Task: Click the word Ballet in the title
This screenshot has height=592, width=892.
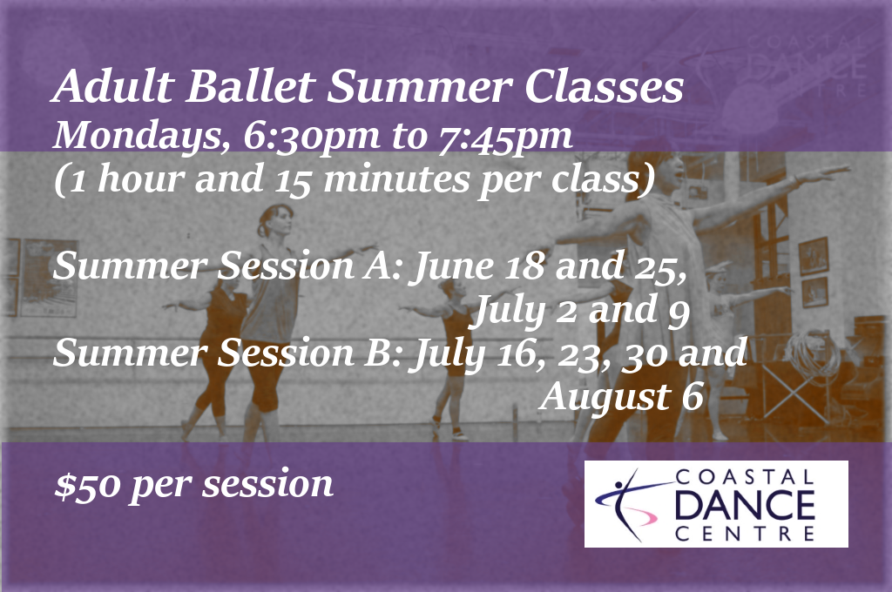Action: point(251,86)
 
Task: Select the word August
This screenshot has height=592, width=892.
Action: point(605,397)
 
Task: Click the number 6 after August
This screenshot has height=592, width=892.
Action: point(693,395)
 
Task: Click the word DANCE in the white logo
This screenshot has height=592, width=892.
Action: point(745,504)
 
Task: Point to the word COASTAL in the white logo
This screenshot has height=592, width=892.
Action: point(745,477)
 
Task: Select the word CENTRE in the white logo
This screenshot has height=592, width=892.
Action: point(745,534)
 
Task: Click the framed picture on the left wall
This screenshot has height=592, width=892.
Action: point(49,277)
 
